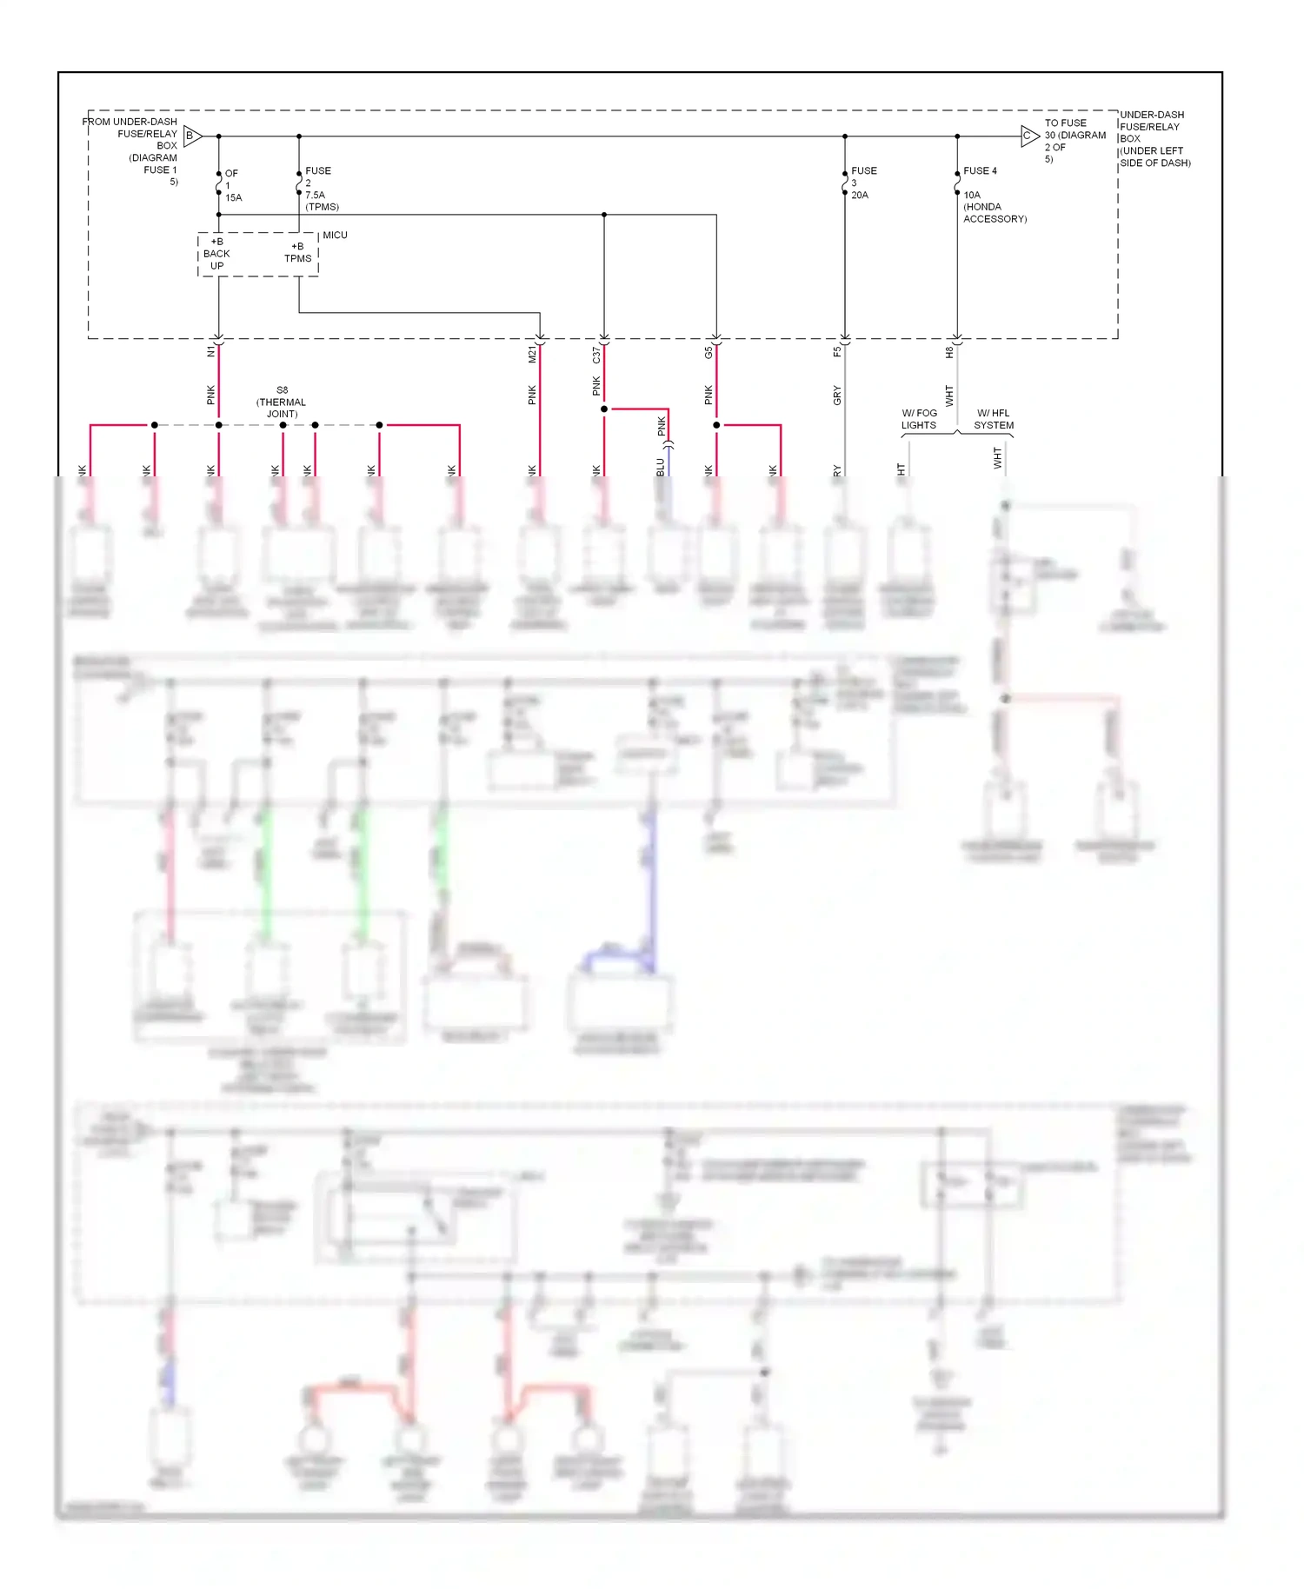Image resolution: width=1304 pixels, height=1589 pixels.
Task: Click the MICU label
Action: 335,236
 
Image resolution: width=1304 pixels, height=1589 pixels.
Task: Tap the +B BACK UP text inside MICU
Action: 216,254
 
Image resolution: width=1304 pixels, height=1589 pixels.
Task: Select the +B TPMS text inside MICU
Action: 297,252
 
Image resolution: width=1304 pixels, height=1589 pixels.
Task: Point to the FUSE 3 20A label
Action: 863,183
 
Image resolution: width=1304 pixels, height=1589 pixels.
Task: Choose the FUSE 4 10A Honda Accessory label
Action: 994,195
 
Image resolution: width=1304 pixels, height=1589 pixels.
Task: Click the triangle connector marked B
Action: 192,136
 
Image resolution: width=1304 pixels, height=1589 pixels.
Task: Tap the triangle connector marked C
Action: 1029,136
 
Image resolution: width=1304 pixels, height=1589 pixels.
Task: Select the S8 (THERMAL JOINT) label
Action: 282,402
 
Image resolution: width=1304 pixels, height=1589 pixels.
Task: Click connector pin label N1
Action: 210,351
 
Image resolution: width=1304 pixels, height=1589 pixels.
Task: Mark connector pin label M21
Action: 532,354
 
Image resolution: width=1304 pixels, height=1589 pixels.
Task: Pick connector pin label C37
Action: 596,355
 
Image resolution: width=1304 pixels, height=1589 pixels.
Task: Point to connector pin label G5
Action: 709,352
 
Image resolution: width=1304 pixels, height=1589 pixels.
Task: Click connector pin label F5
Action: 837,351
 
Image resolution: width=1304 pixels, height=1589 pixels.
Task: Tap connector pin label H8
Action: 949,352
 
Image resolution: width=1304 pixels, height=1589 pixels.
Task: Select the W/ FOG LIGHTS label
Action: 919,419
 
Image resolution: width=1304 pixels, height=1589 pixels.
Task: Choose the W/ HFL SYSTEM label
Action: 994,419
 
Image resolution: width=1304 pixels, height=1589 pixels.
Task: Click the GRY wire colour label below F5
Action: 837,396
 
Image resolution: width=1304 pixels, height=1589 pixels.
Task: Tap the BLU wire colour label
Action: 661,467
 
